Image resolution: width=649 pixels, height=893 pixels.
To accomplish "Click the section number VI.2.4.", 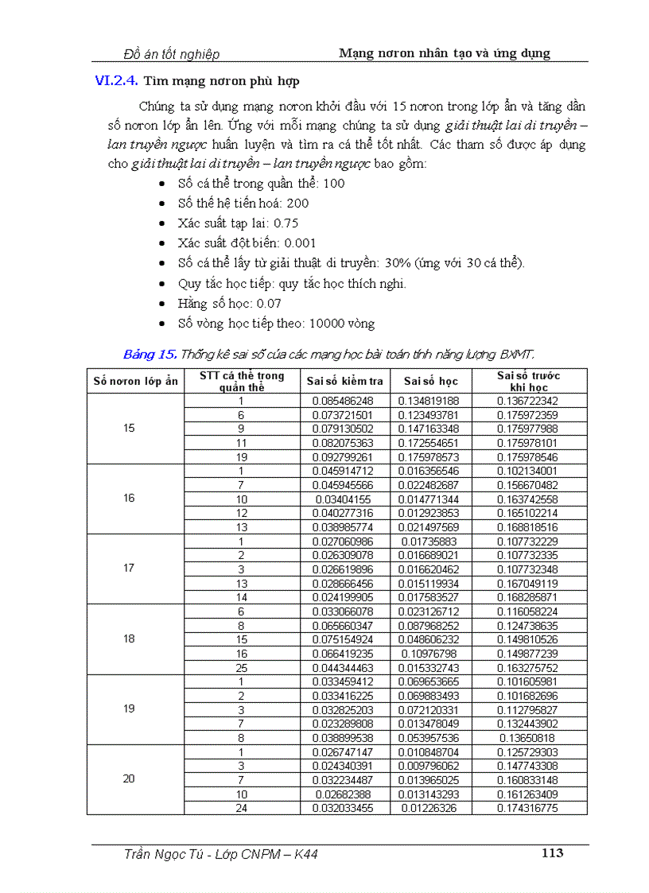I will [x=116, y=80].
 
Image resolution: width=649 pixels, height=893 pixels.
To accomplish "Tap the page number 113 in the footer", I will [x=552, y=853].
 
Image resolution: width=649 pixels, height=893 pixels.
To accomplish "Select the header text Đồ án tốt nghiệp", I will [x=172, y=54].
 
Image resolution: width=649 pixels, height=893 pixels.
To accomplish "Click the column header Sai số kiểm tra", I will [x=344, y=381].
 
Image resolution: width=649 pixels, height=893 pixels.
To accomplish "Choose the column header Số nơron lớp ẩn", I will [x=135, y=381].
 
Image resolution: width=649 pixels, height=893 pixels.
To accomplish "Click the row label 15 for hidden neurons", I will [x=130, y=429].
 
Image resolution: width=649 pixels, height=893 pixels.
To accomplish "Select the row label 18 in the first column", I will [x=130, y=639].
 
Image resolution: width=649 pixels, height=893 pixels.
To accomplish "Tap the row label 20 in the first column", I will [x=130, y=778].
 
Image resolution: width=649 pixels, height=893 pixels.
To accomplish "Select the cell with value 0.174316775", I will [x=527, y=808].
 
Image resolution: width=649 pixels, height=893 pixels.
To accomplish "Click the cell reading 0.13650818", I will [x=527, y=737].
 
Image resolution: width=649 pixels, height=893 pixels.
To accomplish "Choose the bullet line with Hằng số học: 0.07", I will [x=230, y=304].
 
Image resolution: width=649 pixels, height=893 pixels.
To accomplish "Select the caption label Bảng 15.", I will [x=150, y=354].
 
